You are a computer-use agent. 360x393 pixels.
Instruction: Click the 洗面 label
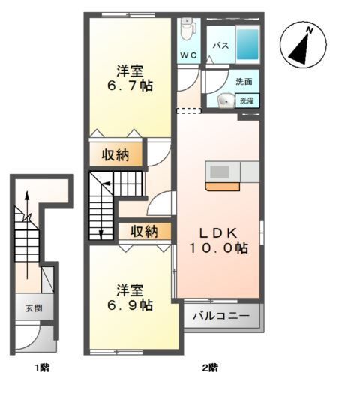243,81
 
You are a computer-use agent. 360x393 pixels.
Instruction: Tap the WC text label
187,55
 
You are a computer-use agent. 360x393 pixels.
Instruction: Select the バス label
220,46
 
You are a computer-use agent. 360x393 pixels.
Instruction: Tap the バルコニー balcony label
222,316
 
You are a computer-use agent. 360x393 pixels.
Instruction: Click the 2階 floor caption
209,367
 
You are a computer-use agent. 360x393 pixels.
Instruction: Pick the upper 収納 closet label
115,155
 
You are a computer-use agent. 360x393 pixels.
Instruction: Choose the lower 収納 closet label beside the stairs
144,231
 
